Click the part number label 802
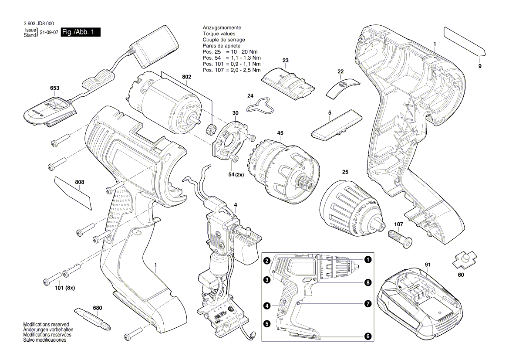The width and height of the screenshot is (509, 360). pyautogui.click(x=186, y=77)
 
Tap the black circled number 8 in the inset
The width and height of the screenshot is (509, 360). pyautogui.click(x=368, y=282)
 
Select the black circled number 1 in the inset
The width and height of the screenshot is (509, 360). pyautogui.click(x=368, y=260)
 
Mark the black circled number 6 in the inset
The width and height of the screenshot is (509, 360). pyautogui.click(x=368, y=336)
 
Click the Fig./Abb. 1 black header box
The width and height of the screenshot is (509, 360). pyautogui.click(x=81, y=32)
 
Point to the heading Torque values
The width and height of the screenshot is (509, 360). pyautogui.click(x=219, y=34)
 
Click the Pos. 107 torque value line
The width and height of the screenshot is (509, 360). pyautogui.click(x=231, y=70)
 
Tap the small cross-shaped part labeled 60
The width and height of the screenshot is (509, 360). pyautogui.click(x=464, y=260)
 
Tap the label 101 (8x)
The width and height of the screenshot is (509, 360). pyautogui.click(x=59, y=288)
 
